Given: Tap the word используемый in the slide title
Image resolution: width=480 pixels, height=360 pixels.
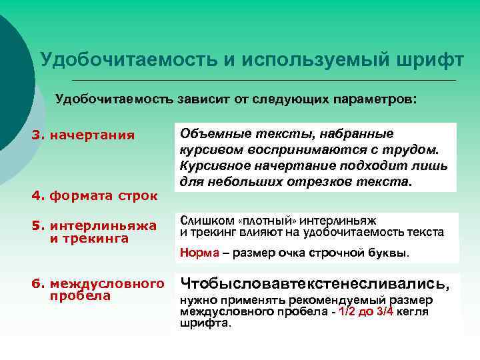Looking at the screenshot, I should click(x=311, y=60).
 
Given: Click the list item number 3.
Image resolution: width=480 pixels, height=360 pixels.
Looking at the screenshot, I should click(x=37, y=135).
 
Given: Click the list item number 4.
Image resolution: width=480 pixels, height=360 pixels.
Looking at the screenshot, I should click(x=37, y=196).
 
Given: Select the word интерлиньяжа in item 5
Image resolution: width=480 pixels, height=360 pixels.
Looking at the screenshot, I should click(x=105, y=226).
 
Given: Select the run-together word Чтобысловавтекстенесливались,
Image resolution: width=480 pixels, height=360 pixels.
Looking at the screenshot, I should click(x=320, y=284).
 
